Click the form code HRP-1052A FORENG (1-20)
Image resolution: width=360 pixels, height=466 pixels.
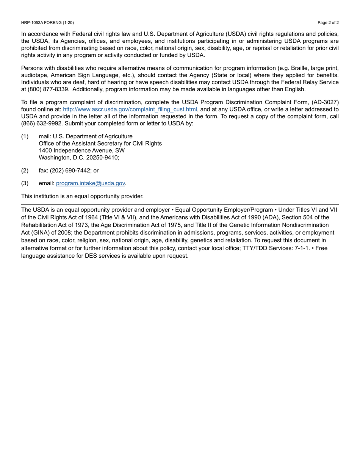[x=47, y=23]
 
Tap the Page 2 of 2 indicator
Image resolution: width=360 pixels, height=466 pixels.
[x=328, y=23]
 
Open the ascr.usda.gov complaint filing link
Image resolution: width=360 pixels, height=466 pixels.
[x=130, y=109]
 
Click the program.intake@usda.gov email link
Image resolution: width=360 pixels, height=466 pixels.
[x=91, y=183]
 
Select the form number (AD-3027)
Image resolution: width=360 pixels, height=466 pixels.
[x=325, y=102]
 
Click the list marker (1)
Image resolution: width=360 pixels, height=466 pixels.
[x=25, y=136]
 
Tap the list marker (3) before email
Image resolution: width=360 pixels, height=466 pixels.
[x=25, y=183]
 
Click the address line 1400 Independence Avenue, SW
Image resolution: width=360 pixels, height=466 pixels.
[x=81, y=150]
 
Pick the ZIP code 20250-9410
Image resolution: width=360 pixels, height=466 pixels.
[x=103, y=158]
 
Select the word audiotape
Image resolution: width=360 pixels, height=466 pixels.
[x=35, y=75]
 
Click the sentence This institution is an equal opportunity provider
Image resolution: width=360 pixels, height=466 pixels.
[x=82, y=196]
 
